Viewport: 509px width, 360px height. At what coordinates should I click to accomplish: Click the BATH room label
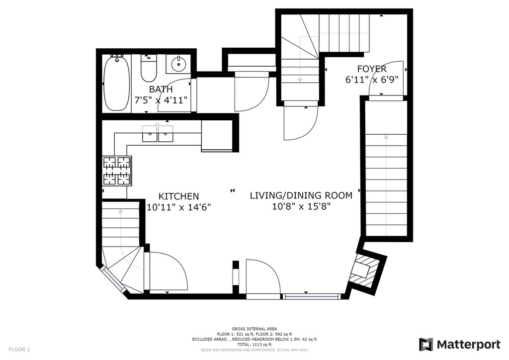click(161, 90)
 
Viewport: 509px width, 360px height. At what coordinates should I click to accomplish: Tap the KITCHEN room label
click(178, 196)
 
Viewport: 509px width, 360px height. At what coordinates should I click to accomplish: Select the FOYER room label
click(372, 69)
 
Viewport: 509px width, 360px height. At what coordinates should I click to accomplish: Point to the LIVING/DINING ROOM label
click(301, 195)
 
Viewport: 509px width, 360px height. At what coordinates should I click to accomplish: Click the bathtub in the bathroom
click(116, 84)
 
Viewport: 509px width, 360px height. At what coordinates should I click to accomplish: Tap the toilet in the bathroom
click(149, 68)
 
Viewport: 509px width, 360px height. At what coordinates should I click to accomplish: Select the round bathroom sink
click(178, 64)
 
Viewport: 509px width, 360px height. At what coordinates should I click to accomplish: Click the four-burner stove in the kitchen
click(117, 171)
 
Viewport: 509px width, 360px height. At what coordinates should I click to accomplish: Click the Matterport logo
click(459, 345)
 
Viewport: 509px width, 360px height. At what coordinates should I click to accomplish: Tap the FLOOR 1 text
click(19, 350)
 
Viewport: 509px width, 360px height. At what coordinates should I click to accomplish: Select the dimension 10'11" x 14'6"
click(179, 207)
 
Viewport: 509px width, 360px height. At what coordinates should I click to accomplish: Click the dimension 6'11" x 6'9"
click(372, 80)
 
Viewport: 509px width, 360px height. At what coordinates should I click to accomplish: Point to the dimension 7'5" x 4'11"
click(161, 99)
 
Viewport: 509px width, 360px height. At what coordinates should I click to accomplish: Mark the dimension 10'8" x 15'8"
click(301, 206)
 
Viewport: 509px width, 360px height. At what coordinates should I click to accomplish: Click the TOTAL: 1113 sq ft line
click(254, 345)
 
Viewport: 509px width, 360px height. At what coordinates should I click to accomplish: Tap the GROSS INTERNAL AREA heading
click(254, 329)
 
